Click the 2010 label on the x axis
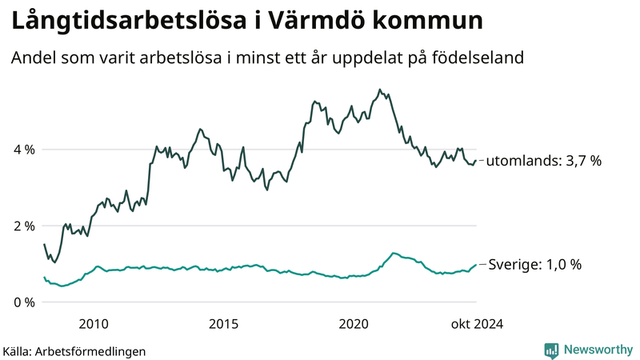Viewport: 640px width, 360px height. [94, 323]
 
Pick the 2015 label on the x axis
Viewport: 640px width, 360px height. [223, 323]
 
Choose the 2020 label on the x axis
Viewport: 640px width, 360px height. [354, 323]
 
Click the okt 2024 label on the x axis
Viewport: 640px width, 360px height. [477, 323]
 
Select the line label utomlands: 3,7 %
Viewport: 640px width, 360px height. [544, 161]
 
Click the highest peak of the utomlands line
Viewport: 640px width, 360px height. [379, 90]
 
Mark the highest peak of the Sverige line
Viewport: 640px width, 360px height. [393, 253]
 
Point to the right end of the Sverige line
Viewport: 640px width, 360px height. [476, 265]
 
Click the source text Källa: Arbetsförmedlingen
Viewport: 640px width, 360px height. [74, 350]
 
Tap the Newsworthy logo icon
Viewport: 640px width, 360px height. [551, 350]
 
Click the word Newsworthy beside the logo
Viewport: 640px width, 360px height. [598, 350]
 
